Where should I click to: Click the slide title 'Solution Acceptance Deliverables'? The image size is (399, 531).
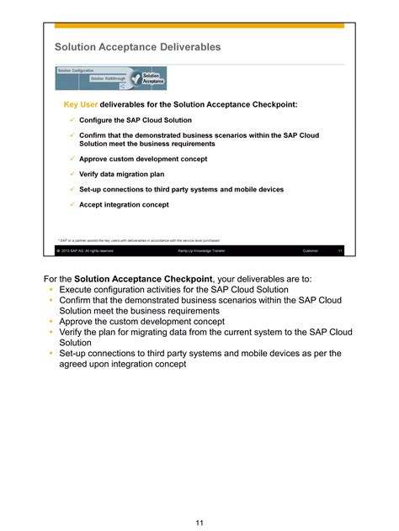[x=137, y=48]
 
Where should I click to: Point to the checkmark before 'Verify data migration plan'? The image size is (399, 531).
[x=72, y=174]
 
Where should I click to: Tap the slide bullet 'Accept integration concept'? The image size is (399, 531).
[x=124, y=204]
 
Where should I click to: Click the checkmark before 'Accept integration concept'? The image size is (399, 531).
[x=72, y=204]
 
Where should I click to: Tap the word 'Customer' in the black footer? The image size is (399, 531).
[x=310, y=250]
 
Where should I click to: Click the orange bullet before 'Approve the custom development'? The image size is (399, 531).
[x=51, y=322]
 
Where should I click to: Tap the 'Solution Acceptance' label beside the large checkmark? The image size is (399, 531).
[x=152, y=78]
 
